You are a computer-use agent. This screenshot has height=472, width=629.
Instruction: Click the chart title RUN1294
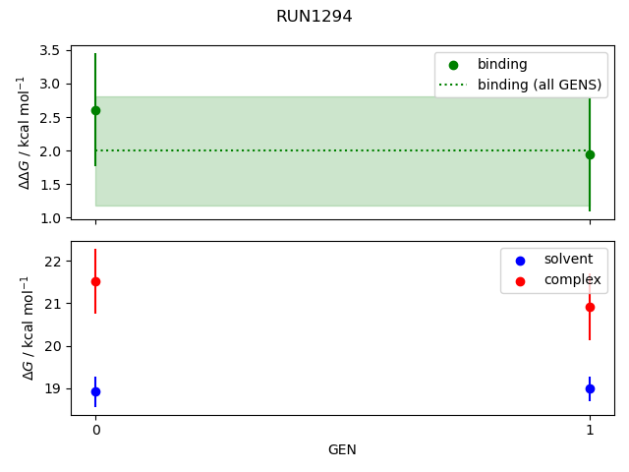tap(314, 17)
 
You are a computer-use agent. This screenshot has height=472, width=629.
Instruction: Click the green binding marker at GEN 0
tap(95, 110)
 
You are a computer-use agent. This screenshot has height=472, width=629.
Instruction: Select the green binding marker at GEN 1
tap(590, 154)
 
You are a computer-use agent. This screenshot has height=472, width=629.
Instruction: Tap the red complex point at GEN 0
tap(95, 281)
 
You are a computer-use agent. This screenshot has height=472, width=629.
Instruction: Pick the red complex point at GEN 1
tap(590, 307)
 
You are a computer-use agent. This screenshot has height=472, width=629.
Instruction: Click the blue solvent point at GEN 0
tap(95, 391)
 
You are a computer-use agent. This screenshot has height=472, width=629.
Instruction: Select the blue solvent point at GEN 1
tap(590, 388)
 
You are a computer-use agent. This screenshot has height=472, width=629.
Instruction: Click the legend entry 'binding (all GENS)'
tap(539, 85)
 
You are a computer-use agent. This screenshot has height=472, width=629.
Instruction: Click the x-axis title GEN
tap(342, 450)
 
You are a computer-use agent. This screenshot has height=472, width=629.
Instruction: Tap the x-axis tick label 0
tap(95, 430)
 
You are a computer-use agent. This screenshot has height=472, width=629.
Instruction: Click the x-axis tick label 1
tap(590, 430)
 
